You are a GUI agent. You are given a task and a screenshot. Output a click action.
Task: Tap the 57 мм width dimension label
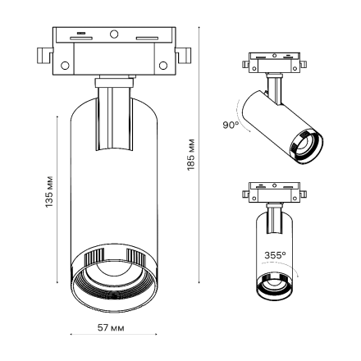coord(112,328)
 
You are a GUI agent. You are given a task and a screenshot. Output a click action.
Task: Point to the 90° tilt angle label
coord(231,126)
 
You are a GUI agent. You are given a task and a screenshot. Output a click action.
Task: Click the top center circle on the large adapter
coord(114,34)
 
